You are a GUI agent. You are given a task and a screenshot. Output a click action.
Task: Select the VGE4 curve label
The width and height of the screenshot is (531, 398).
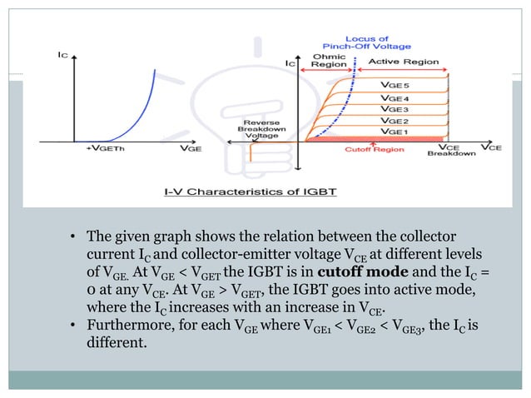[395, 98]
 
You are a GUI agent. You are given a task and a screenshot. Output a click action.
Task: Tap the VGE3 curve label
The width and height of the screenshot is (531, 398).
[395, 109]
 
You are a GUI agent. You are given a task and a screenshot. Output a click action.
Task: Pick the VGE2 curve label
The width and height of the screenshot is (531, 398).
[395, 121]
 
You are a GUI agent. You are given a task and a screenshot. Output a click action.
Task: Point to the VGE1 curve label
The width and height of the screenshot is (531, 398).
[395, 132]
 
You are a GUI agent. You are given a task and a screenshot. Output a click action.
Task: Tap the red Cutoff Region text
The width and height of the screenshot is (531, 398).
[374, 151]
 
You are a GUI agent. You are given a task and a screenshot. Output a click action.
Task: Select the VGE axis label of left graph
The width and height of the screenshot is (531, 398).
[189, 149]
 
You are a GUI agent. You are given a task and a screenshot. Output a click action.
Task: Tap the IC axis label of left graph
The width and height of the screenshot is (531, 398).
[62, 56]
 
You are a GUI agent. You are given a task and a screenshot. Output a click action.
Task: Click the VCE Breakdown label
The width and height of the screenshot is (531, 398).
[457, 151]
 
